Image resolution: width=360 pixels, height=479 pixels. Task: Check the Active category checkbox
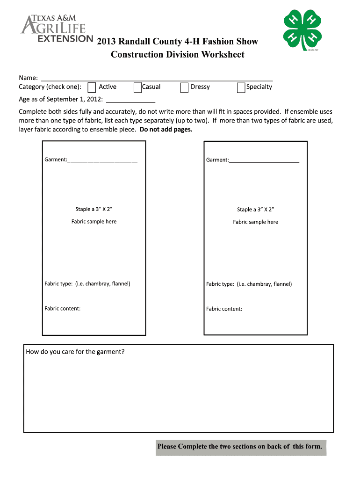[x=92, y=87]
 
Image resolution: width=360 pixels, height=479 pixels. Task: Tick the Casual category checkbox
[x=137, y=87]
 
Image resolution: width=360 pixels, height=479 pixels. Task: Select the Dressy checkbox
[x=184, y=87]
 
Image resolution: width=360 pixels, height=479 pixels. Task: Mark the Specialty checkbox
[x=241, y=87]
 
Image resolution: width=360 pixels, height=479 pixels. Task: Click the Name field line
[x=157, y=78]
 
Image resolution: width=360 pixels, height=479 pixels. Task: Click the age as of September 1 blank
[x=131, y=99]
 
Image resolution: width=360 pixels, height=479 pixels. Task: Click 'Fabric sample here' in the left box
[x=94, y=222]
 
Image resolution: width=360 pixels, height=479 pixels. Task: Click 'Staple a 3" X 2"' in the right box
[x=255, y=210]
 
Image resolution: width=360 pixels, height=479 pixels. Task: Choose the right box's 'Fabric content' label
[x=224, y=309]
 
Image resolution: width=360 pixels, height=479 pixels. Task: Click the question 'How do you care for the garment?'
[x=75, y=352]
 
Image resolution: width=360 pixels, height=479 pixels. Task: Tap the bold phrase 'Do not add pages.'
[x=166, y=130]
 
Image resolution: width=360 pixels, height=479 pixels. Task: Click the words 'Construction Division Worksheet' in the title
[x=177, y=55]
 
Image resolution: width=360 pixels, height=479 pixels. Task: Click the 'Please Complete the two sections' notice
[x=239, y=446]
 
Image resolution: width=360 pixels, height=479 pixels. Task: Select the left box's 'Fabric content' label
[x=62, y=309]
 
